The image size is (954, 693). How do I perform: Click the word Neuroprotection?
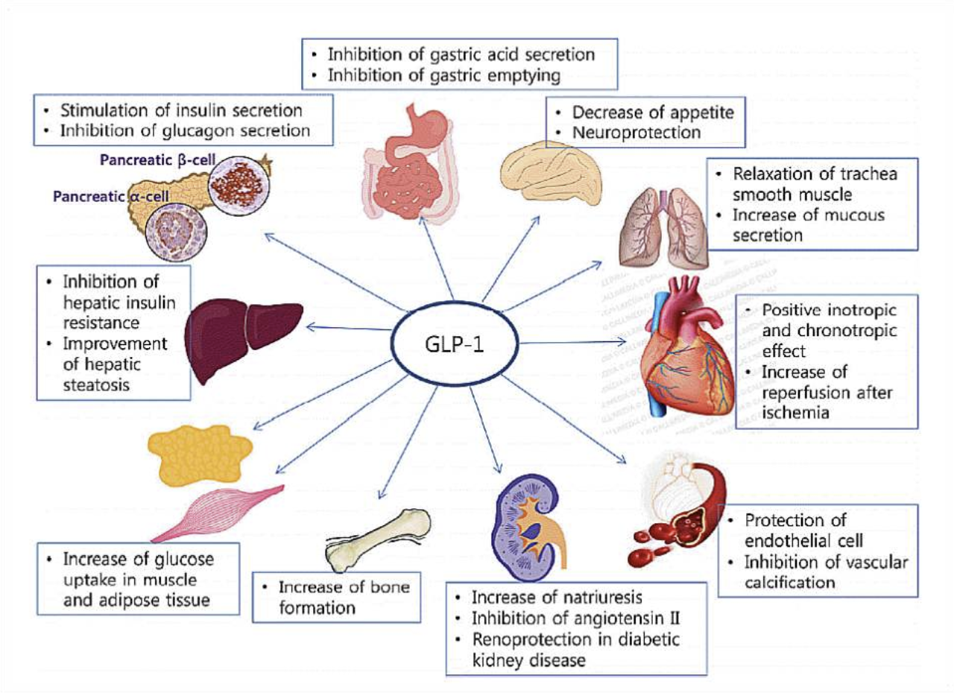[637, 133]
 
